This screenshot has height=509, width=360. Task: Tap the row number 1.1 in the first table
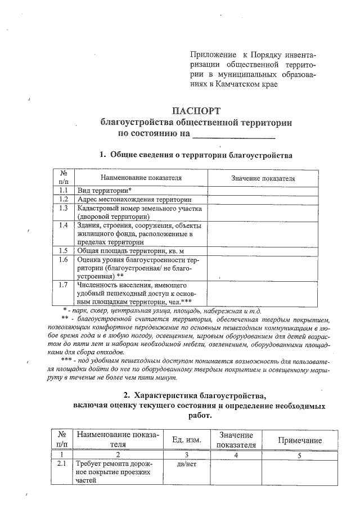pos(63,191)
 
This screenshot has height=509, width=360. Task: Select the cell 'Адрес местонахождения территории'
pos(134,199)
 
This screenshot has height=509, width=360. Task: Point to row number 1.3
pos(63,208)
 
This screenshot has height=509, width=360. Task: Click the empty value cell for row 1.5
pos(263,251)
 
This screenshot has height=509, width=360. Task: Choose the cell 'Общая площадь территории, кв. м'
pos(130,251)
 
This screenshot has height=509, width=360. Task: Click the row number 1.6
pos(63,260)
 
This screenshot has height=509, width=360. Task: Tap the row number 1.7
pos(63,285)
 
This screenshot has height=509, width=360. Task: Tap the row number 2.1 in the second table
pos(62,465)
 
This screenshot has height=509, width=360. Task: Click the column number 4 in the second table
pos(236,455)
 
